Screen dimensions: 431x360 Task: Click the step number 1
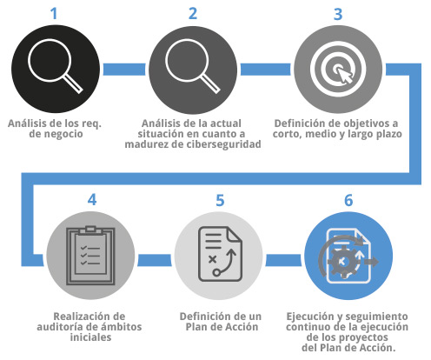tap(54, 14)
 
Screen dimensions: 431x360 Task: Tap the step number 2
tap(193, 14)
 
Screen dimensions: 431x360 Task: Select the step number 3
tap(338, 14)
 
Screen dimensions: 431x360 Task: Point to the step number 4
tap(92, 200)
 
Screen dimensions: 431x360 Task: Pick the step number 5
tap(220, 200)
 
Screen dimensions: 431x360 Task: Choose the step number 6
tap(348, 200)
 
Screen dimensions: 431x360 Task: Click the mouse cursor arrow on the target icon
tap(345, 75)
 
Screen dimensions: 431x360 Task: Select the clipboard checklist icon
tap(90, 256)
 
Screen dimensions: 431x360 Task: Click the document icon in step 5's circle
tap(220, 254)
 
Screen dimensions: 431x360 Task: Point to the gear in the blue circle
tap(343, 262)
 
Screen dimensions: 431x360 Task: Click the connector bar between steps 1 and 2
tap(124, 70)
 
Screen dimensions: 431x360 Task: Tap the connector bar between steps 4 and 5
tap(155, 260)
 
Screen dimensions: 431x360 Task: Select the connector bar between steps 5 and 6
tap(283, 260)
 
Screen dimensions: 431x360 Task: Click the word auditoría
tap(63, 327)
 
